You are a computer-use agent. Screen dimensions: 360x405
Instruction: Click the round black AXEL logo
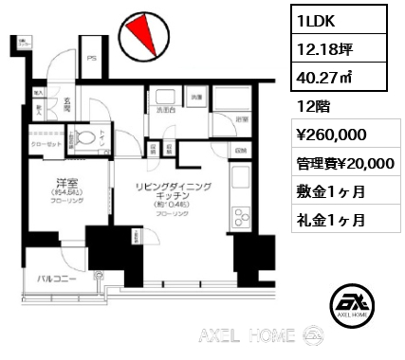click(x=349, y=305)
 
